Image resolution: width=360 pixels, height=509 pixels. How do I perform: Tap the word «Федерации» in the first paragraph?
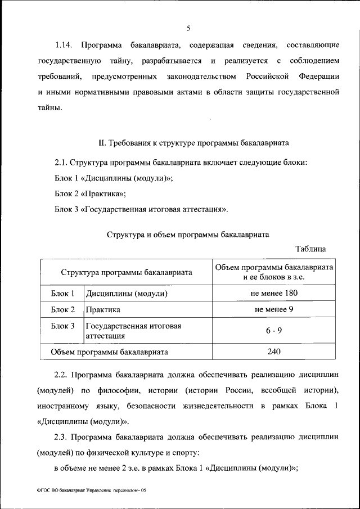(318, 75)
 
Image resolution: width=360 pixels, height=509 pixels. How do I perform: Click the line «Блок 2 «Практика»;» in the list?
(90, 193)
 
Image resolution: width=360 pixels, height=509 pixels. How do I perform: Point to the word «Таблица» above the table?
(310, 249)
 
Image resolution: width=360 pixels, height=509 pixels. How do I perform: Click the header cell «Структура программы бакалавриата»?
(127, 272)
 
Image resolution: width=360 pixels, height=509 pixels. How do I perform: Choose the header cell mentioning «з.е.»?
(274, 272)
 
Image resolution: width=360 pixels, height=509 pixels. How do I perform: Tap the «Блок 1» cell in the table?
(62, 294)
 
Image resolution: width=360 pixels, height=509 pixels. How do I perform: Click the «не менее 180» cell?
(274, 294)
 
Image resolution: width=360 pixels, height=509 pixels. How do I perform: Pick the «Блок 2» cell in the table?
(62, 310)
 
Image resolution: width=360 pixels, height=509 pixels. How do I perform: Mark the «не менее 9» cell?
(274, 310)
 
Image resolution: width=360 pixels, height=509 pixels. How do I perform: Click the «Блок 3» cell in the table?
(62, 326)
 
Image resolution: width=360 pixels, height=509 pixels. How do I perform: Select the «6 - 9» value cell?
(274, 331)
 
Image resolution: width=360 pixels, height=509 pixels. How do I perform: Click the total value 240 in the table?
(274, 352)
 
